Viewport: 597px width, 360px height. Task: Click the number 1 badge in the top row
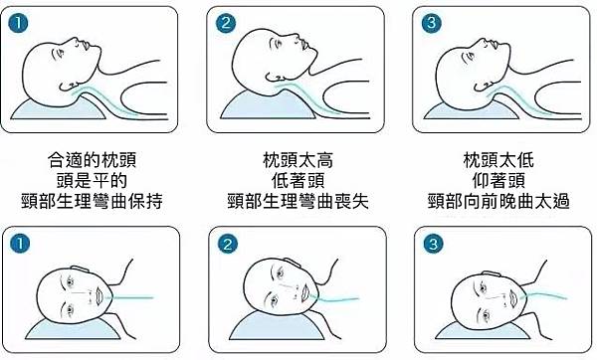click(18, 24)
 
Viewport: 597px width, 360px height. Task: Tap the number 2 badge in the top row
click(226, 23)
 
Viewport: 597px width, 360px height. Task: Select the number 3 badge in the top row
click(432, 23)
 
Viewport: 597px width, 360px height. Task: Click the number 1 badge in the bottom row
click(20, 244)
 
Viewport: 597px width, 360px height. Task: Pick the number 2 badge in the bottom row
click(227, 244)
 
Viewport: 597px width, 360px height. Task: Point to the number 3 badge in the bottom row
click(433, 244)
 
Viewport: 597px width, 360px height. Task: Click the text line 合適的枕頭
click(93, 160)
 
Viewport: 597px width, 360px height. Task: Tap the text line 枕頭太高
click(298, 160)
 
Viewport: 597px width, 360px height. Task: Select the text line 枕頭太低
click(498, 160)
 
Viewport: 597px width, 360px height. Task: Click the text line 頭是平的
click(93, 180)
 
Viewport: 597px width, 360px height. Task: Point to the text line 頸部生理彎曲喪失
click(298, 201)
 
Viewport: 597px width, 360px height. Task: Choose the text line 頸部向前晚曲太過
click(498, 201)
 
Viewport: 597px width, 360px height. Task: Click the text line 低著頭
click(298, 180)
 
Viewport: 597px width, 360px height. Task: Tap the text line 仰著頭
click(498, 180)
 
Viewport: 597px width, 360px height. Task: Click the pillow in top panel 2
click(267, 106)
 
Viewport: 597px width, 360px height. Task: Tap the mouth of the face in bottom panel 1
click(99, 295)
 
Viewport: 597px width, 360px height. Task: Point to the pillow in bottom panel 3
click(482, 331)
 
